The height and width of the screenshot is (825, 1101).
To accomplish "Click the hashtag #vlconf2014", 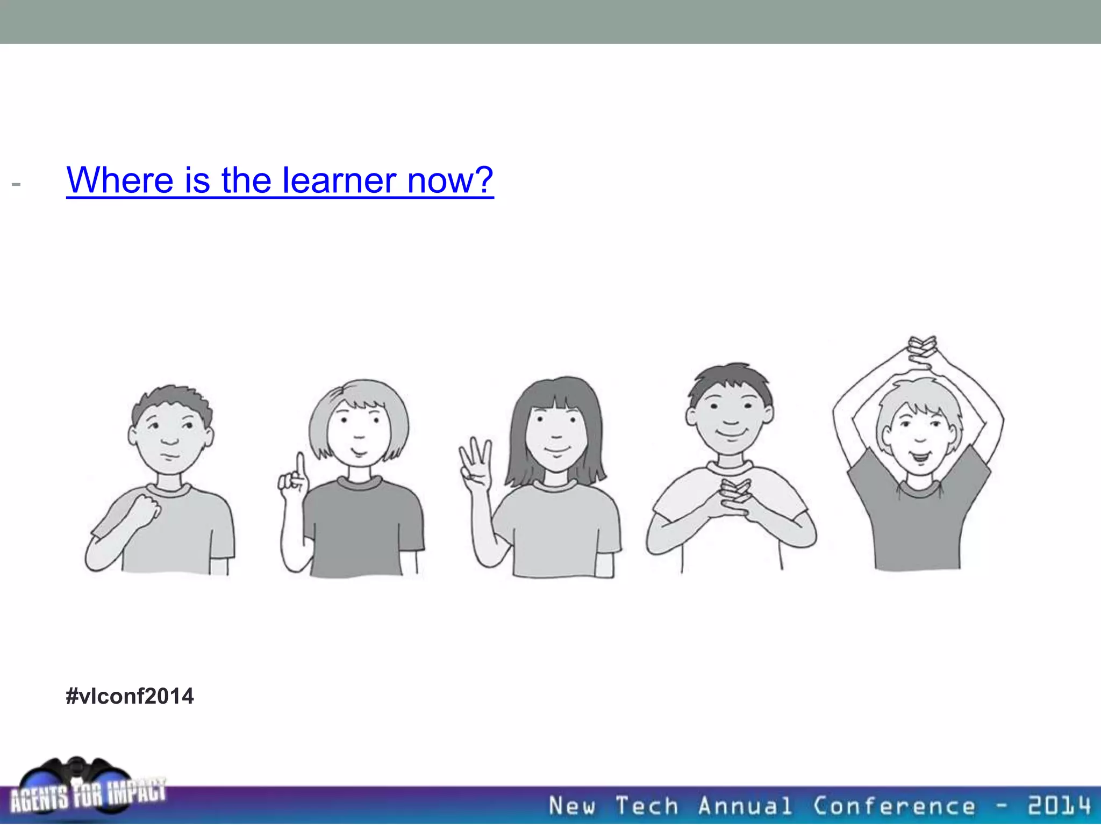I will [x=130, y=696].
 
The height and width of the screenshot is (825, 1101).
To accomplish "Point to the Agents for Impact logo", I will [x=86, y=790].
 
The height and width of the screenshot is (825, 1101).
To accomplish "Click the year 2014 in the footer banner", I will [x=1059, y=806].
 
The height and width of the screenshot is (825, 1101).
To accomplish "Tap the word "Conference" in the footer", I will [x=893, y=806].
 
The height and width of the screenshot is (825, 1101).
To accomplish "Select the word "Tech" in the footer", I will [x=647, y=806].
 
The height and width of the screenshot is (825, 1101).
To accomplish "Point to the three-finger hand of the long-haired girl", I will [x=474, y=462].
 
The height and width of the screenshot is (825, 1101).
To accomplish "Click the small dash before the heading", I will [x=16, y=185].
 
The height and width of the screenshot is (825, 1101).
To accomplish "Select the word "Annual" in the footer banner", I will [x=745, y=806].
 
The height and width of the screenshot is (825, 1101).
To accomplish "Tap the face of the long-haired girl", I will [x=556, y=435].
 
